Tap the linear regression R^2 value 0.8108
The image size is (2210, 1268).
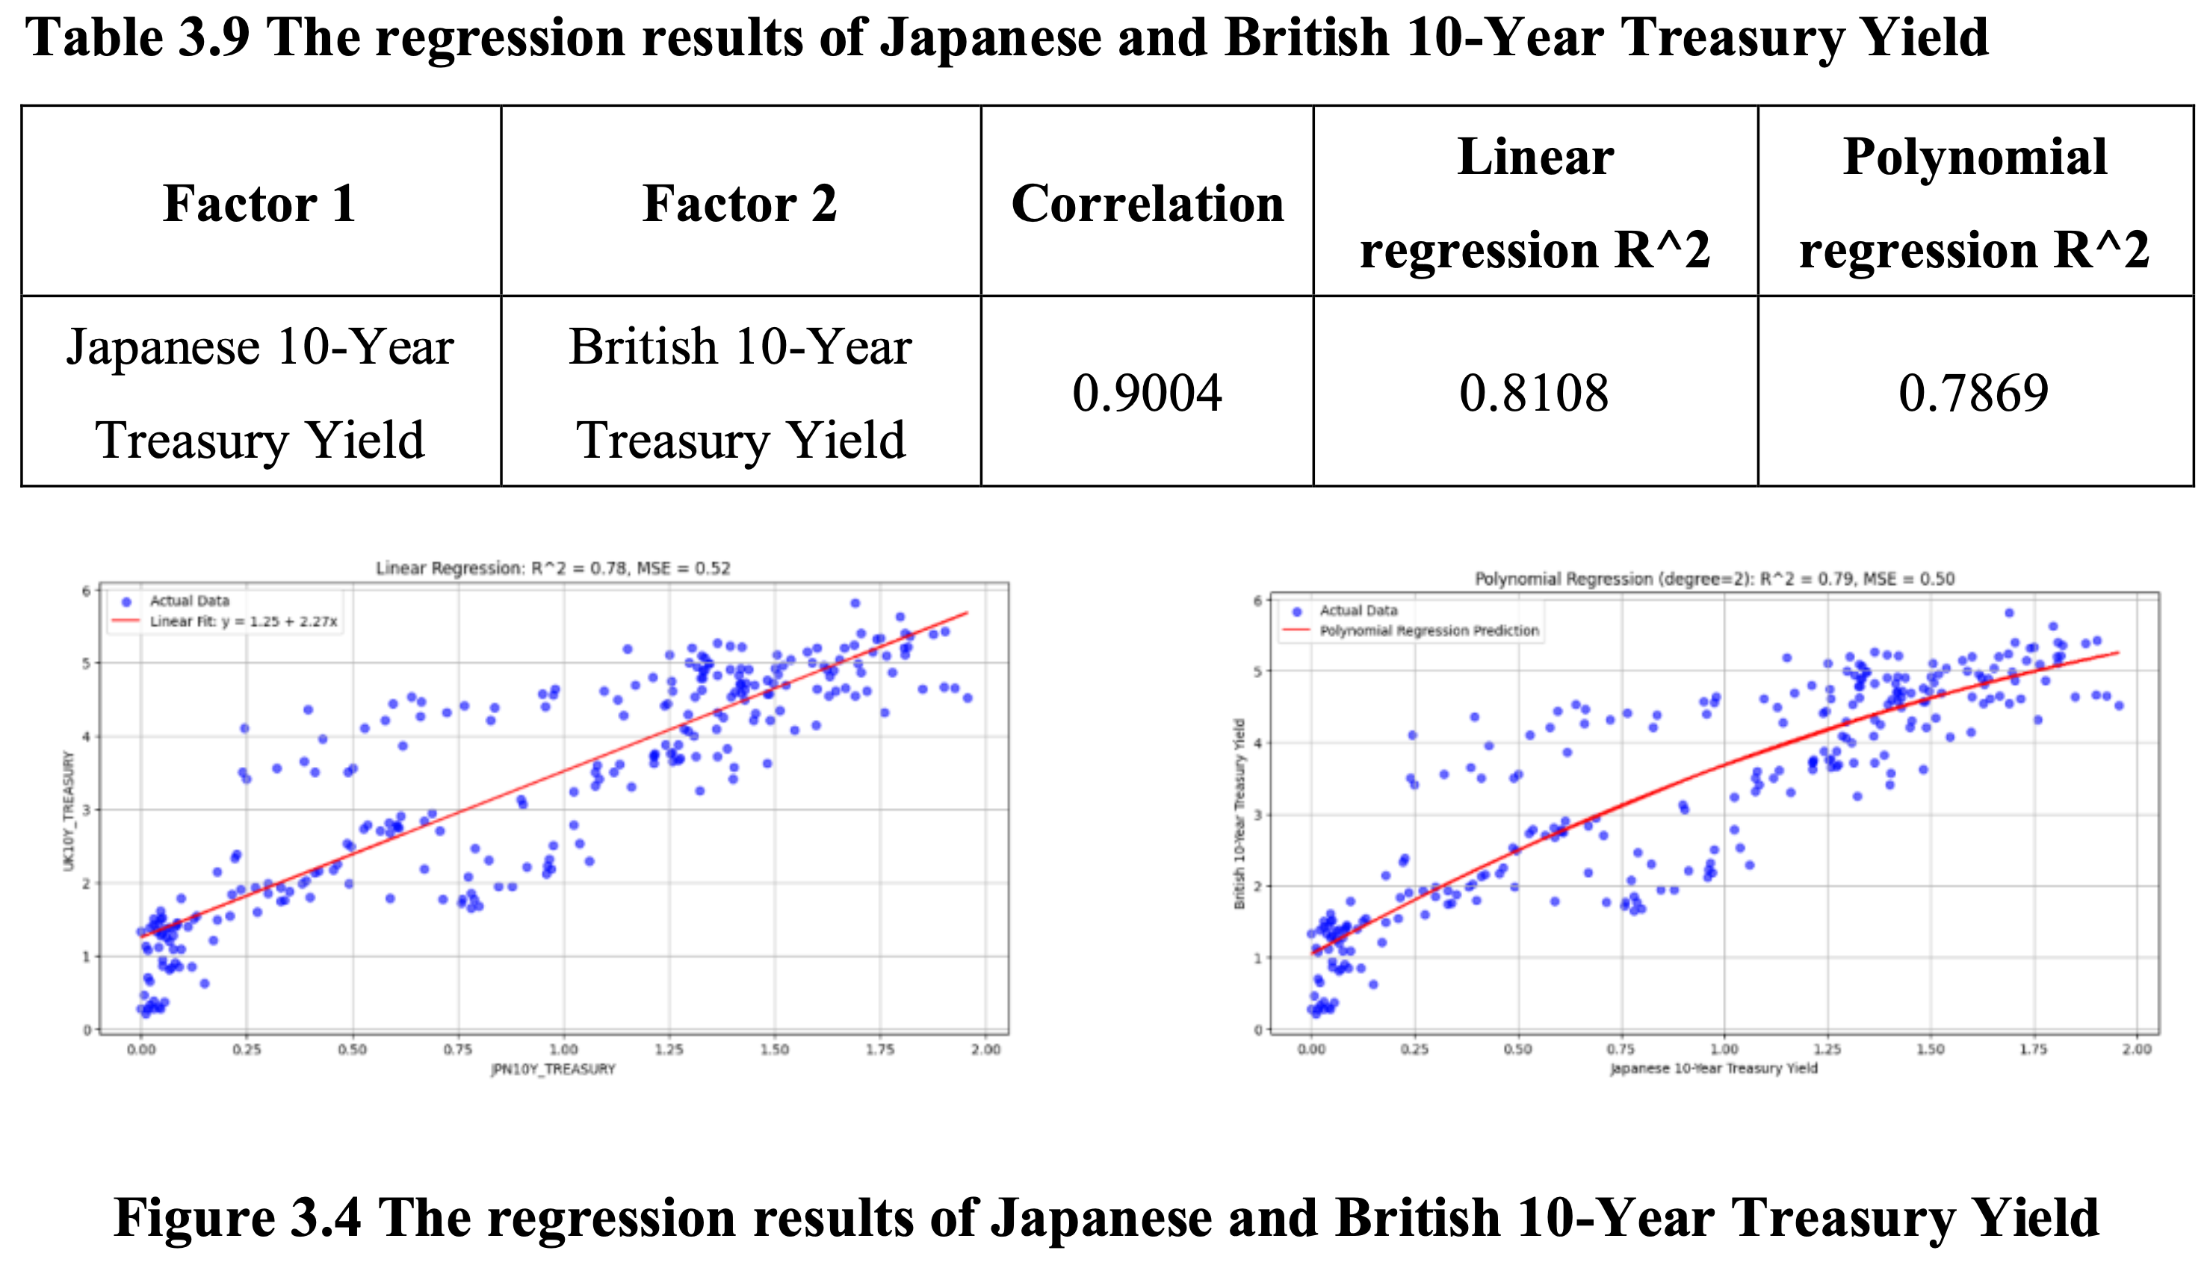click(x=1534, y=393)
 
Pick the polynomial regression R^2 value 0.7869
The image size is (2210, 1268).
click(x=1974, y=393)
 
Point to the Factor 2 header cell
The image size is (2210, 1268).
click(x=740, y=204)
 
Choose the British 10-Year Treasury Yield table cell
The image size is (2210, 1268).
click(x=740, y=393)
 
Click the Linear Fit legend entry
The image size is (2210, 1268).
click(x=243, y=622)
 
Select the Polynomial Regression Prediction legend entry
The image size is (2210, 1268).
click(x=1429, y=630)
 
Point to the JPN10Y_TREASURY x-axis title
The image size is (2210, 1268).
click(x=553, y=1069)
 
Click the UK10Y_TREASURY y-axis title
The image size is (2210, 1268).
click(x=68, y=810)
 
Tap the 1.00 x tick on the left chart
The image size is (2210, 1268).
click(x=563, y=1049)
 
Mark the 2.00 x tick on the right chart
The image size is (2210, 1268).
click(x=2136, y=1049)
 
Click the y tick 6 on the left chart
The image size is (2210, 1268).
click(x=86, y=591)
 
